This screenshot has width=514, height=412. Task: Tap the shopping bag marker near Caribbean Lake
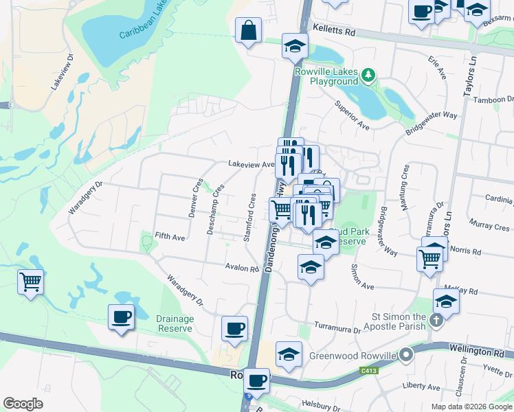[x=247, y=30]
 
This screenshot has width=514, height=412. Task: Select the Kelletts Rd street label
[x=335, y=32]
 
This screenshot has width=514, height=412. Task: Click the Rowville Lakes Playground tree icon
[x=370, y=73]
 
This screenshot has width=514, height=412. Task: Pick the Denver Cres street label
[x=195, y=198]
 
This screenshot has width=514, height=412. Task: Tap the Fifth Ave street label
[x=170, y=237]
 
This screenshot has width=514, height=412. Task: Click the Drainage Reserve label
[x=175, y=323]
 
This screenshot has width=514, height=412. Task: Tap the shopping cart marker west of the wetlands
[x=31, y=282]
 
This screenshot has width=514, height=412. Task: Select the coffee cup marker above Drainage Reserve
[x=122, y=317]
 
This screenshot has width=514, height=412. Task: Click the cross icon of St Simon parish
[x=435, y=320]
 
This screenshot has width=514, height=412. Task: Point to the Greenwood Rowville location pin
[x=406, y=355]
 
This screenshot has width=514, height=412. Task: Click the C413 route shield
[x=369, y=371]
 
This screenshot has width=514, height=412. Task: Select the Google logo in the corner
[x=23, y=404]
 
